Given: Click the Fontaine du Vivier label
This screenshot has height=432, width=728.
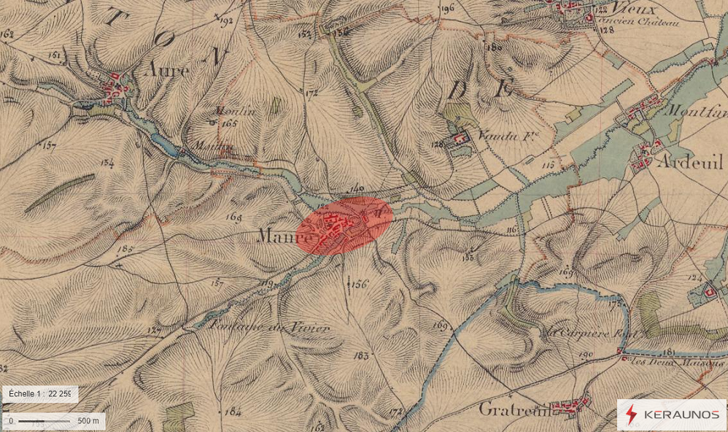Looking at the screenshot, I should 269,328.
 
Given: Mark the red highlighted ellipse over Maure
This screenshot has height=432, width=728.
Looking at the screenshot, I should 345,225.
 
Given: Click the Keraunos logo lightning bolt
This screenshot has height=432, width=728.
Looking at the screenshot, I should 631,415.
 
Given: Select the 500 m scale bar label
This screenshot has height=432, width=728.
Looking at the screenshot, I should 88,421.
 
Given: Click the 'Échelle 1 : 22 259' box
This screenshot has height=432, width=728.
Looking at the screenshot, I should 39,394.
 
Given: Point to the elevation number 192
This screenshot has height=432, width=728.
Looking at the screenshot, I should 225,22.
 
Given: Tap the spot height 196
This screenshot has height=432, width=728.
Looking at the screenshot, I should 447,9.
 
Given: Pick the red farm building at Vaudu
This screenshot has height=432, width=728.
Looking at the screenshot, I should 460,138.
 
